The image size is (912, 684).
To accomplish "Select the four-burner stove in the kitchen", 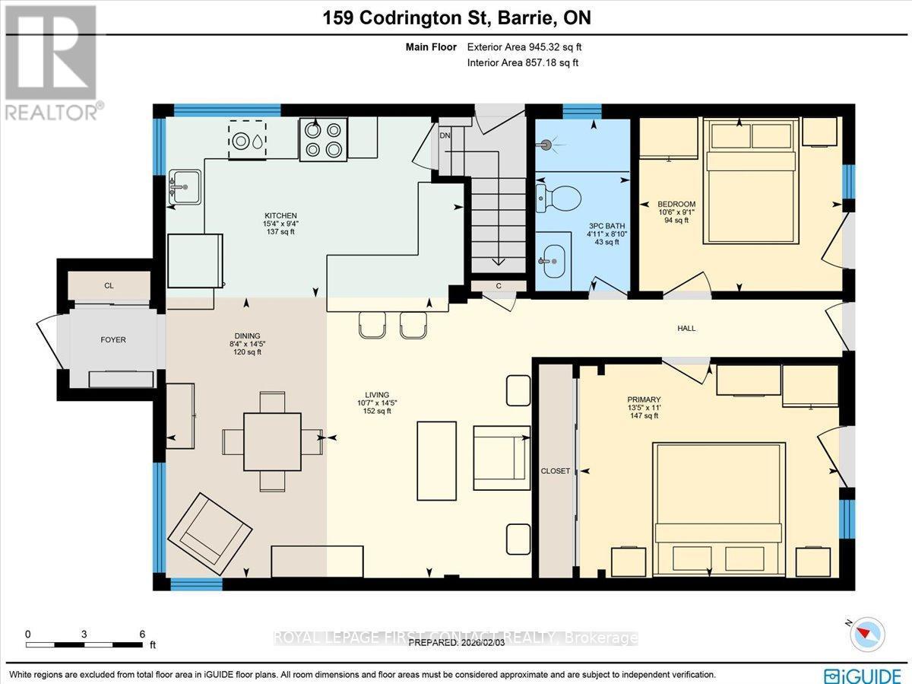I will pos(323,139).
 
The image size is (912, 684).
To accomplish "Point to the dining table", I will pos(272,441).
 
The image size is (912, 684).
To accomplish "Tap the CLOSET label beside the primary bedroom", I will pos(555,471).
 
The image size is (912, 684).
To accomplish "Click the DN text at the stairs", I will pos(445,136).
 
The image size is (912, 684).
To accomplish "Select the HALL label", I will pos(686,329).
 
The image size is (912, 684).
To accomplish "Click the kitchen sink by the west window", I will pos(183,186).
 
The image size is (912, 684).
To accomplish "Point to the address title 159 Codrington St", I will pos(455,18).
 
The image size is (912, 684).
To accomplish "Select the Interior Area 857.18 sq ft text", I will pos(523,62).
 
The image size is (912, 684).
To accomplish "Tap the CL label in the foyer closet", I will pos(109,287).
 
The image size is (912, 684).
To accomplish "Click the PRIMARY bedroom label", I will pos(643,399).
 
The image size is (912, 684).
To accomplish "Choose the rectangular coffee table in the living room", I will pos(437,460).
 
